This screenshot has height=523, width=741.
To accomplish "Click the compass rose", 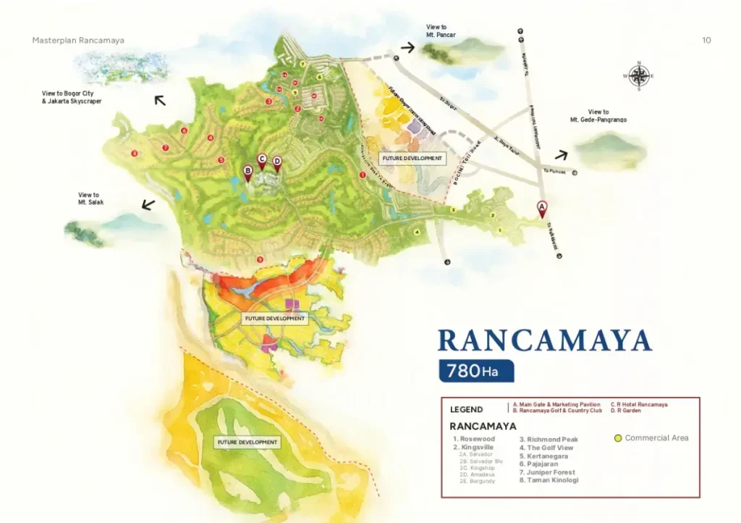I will point(638,75).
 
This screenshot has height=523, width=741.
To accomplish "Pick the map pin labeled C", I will point(262,161).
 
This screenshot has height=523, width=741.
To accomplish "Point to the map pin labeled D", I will point(276,164).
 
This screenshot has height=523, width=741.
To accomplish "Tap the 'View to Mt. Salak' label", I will point(90,198).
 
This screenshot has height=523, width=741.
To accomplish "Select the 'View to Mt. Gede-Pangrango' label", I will point(598,116).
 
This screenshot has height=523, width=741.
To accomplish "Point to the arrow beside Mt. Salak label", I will point(148,205).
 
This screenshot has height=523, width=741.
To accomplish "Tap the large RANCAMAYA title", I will point(544,340).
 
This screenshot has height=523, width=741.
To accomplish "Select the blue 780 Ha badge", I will point(475,371).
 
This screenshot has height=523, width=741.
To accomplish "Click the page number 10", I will point(706,41).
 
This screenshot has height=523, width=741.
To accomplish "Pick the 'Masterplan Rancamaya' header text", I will point(78,41).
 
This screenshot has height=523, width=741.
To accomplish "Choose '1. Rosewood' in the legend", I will point(474,439).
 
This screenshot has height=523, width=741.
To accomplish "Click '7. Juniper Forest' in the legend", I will point(548,472).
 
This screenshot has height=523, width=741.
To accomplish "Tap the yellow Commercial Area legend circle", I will point(617,438).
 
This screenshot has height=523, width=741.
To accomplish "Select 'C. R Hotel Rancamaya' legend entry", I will point(639,404).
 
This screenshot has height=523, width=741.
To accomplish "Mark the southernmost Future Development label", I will point(247,442).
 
